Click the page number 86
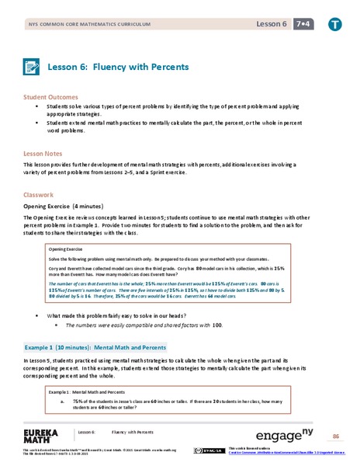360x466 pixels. [x=337, y=435]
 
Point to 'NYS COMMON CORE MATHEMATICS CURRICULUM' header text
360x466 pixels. [x=74, y=26]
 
